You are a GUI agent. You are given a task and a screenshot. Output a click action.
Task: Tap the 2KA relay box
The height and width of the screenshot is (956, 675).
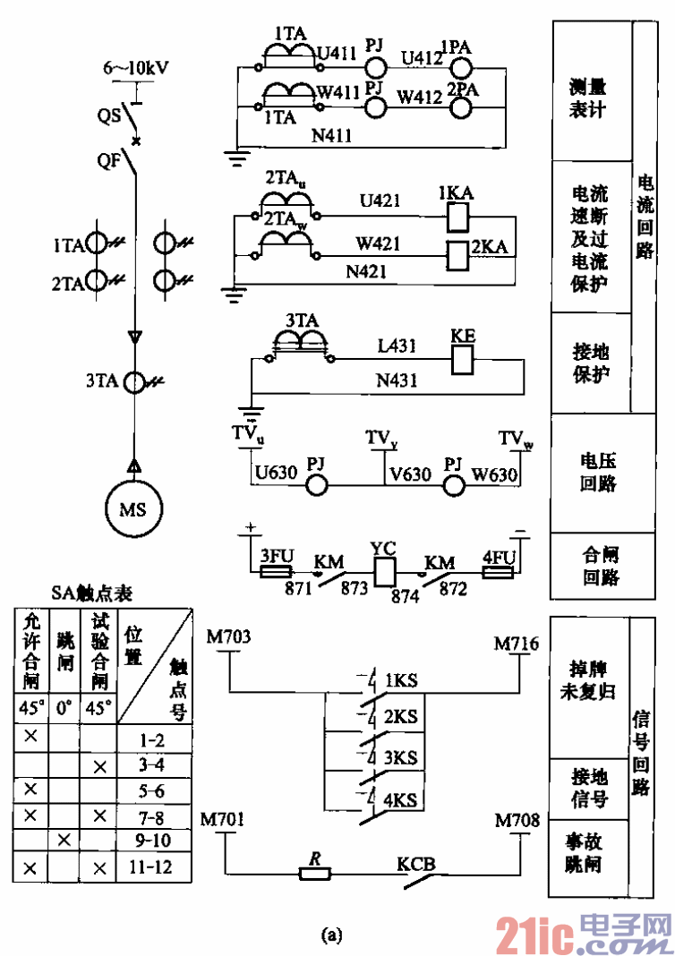(x=457, y=256)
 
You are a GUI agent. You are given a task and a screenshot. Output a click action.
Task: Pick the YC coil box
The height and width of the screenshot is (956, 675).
(x=386, y=571)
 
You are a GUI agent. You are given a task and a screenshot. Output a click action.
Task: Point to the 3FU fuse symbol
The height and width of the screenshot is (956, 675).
(x=272, y=571)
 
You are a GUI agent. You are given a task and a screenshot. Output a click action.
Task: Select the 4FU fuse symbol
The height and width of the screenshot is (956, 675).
(x=498, y=571)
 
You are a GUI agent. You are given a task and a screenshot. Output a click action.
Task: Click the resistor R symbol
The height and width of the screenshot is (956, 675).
(x=314, y=873)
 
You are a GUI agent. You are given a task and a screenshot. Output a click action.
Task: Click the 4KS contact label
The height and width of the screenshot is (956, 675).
(x=401, y=799)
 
